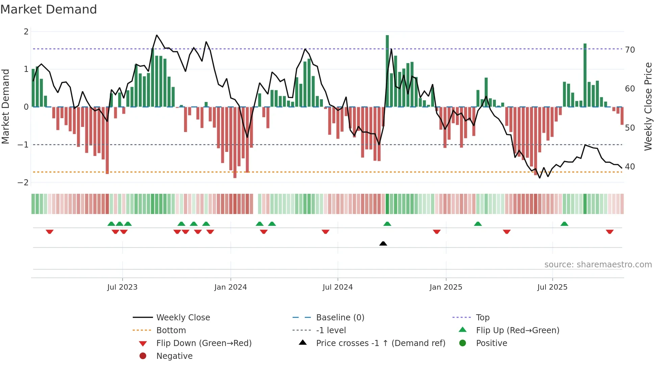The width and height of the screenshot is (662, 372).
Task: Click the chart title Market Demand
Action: pos(49,9)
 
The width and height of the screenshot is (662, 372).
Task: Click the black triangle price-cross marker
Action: pos(383,243)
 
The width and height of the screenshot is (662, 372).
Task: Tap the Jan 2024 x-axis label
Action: pos(230,287)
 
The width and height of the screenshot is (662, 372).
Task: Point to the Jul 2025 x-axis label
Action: pos(552,287)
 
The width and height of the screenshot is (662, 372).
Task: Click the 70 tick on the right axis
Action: pos(630,50)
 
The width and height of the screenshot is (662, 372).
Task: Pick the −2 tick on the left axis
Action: pos(23,183)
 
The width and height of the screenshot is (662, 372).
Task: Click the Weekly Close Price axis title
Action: pos(648,106)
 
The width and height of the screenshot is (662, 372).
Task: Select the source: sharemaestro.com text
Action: pos(598,265)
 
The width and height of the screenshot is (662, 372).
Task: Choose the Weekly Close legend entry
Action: pos(183,318)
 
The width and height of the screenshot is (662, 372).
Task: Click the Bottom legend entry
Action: pos(171,330)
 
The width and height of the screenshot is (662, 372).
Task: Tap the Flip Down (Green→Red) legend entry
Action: pos(204,343)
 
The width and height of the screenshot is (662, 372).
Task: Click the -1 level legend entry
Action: pos(331,330)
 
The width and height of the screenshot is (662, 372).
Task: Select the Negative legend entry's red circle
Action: pos(143,356)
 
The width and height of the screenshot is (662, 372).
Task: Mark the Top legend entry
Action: pos(482,318)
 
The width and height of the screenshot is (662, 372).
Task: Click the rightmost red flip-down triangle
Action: pos(610,232)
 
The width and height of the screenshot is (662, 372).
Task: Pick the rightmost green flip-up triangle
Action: pos(564,224)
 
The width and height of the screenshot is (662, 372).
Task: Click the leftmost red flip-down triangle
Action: pos(50,232)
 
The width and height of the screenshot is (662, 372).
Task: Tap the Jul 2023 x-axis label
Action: pos(122,287)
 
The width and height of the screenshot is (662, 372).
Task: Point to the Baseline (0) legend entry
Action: pos(340,318)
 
